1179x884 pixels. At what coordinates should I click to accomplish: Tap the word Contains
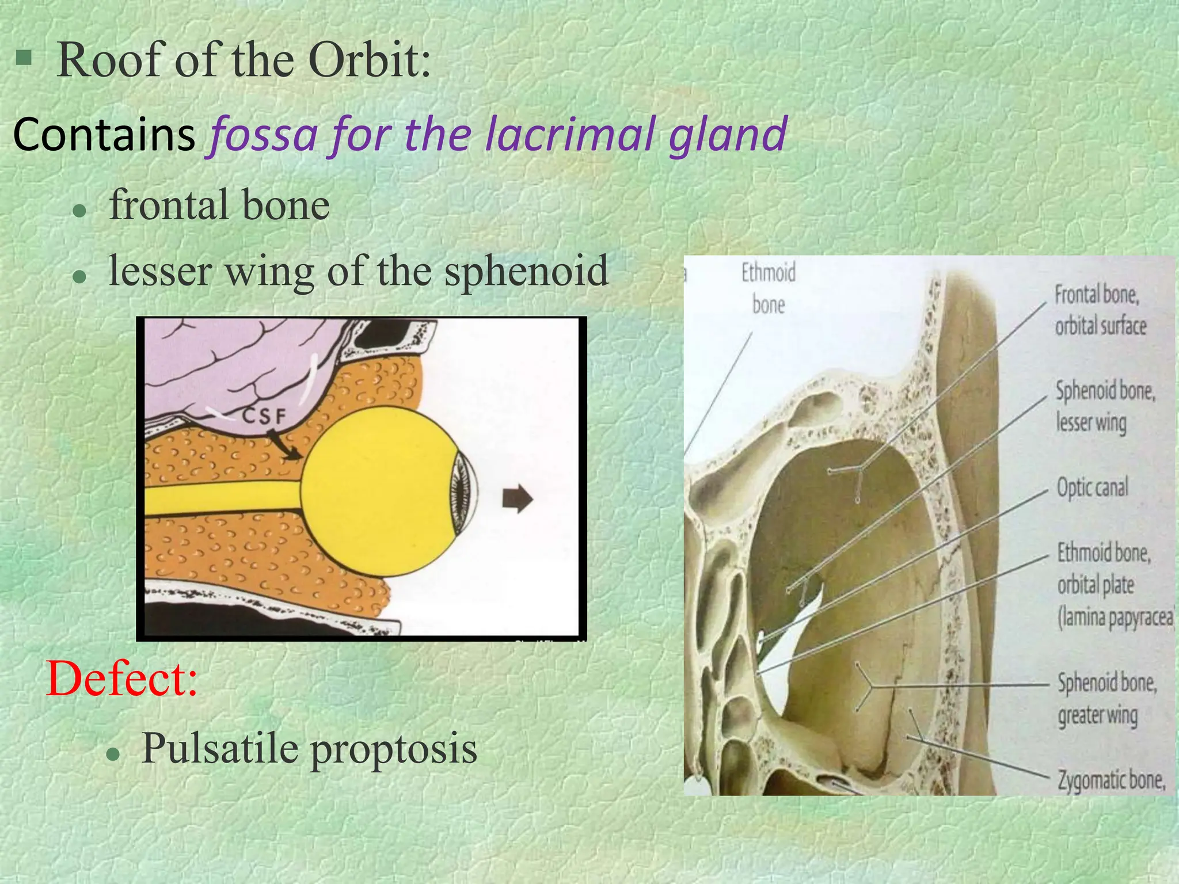[x=104, y=135]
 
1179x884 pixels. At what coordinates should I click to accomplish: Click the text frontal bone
[x=219, y=205]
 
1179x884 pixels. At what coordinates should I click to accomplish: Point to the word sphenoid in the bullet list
[x=526, y=270]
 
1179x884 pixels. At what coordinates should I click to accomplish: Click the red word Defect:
[x=122, y=679]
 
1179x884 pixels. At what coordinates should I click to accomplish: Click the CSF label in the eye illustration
[x=264, y=416]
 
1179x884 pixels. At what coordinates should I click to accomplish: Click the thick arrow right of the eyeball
[x=518, y=498]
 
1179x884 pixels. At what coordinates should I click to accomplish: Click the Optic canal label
[x=1092, y=488]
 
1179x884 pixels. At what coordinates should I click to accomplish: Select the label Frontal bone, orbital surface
[x=1100, y=311]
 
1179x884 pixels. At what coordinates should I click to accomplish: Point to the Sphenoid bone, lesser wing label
[x=1104, y=406]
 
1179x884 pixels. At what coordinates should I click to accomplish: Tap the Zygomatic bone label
[x=1111, y=780]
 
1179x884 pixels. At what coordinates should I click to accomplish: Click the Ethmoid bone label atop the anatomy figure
[x=768, y=288]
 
